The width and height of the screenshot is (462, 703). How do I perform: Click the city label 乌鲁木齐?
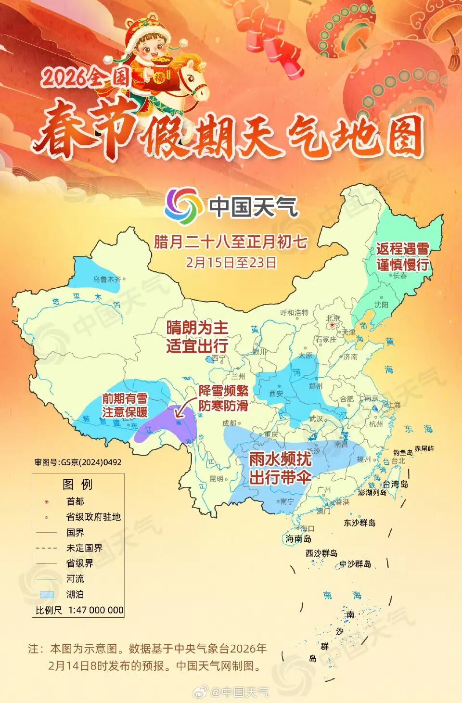pos(107,279)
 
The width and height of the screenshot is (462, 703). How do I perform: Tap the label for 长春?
pos(400,276)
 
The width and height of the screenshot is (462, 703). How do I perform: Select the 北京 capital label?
pos(333,318)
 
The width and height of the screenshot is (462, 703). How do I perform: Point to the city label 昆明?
pos(217,479)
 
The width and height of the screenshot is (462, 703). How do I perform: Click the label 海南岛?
pos(298,538)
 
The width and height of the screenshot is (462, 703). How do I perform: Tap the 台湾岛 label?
pos(395,484)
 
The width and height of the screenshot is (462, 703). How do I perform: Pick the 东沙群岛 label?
pos(359,523)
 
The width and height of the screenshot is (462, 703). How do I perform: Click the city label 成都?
pos(230,423)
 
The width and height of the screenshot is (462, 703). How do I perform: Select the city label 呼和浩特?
pos(294,313)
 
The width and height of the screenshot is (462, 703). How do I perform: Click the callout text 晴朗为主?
pos(197,328)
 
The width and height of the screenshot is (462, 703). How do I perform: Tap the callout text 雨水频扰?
pos(280,459)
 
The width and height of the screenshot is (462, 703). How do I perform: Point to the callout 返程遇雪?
pos(402,249)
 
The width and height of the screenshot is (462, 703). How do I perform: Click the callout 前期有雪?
pos(125,398)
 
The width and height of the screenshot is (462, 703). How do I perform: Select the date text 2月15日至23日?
pos(231,262)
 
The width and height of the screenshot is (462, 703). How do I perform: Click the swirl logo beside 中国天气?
pos(183,206)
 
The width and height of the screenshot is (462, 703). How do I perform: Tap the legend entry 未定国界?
pos(84,548)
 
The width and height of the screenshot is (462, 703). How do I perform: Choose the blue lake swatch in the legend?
pos(47,594)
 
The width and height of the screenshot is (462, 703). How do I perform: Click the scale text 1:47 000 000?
pos(96,610)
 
